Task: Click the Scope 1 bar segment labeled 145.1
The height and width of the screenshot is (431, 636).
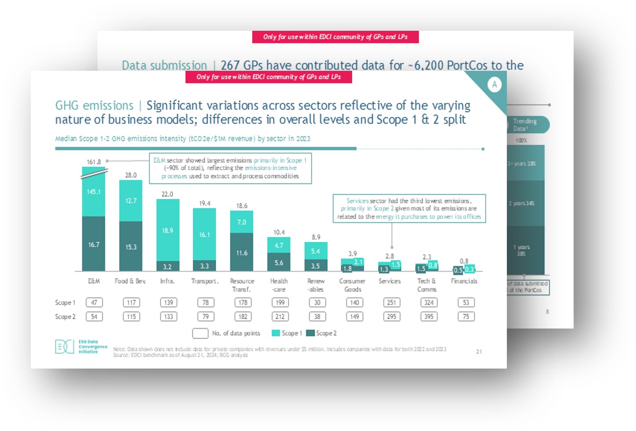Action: pyautogui.click(x=94, y=192)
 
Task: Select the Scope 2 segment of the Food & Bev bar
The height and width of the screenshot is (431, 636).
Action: pyautogui.click(x=131, y=246)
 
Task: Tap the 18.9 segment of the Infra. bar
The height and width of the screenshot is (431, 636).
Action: pyautogui.click(x=168, y=230)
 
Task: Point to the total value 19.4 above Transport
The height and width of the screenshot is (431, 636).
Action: pyautogui.click(x=205, y=203)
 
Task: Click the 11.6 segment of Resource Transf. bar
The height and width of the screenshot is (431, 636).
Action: pyautogui.click(x=242, y=252)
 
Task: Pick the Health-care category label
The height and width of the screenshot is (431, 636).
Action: pyautogui.click(x=279, y=285)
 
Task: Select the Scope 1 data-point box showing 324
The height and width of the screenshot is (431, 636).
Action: pyautogui.click(x=429, y=303)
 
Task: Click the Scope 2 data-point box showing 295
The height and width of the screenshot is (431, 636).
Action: pyautogui.click(x=391, y=317)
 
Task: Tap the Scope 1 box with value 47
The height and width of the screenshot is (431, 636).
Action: pyautogui.click(x=94, y=303)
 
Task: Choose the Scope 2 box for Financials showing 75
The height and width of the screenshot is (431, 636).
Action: pyautogui.click(x=466, y=317)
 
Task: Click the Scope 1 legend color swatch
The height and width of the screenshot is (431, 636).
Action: pyautogui.click(x=276, y=333)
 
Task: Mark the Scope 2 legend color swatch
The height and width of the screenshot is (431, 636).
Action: pyautogui.click(x=310, y=333)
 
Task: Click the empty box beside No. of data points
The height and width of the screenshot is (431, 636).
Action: pyautogui.click(x=200, y=333)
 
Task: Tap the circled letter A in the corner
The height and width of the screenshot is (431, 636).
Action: pyautogui.click(x=495, y=84)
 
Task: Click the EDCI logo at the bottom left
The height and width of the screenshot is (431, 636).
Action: pyautogui.click(x=65, y=347)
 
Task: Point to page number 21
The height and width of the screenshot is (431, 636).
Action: pyautogui.click(x=479, y=351)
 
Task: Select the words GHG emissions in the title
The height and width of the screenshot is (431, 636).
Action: pyautogui.click(x=94, y=106)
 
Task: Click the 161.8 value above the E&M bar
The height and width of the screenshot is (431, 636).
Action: pyautogui.click(x=94, y=162)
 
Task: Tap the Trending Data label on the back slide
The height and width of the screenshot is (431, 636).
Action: pyautogui.click(x=525, y=124)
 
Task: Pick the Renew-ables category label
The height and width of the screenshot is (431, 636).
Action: pyautogui.click(x=316, y=285)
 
